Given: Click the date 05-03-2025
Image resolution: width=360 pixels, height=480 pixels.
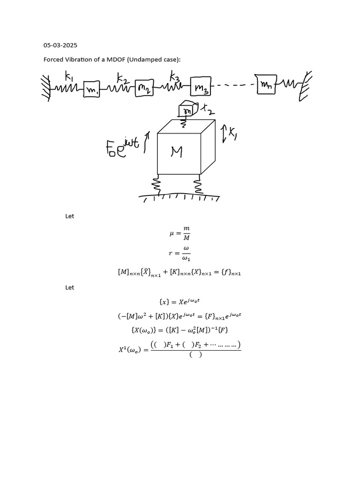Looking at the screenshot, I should [60, 45].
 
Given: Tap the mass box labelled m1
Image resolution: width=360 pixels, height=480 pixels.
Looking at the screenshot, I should [91, 89].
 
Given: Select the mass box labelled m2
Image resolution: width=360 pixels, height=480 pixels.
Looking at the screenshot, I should [144, 88].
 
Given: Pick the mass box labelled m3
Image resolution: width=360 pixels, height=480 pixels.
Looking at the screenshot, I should [201, 88].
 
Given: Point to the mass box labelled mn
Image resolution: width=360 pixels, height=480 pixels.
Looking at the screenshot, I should [266, 84].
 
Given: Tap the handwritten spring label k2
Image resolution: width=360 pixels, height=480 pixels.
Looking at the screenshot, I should [123, 76].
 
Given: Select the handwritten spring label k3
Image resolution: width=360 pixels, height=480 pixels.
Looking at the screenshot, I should [174, 75].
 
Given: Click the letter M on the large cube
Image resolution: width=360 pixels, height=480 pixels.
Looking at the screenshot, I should [176, 152].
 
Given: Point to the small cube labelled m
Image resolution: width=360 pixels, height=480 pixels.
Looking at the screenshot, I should [187, 111].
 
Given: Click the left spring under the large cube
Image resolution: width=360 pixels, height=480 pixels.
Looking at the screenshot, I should [157, 185].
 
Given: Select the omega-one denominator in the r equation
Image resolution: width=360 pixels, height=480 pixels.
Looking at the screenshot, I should [186, 258].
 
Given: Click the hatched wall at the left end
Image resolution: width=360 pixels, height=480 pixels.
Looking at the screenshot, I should [47, 87].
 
